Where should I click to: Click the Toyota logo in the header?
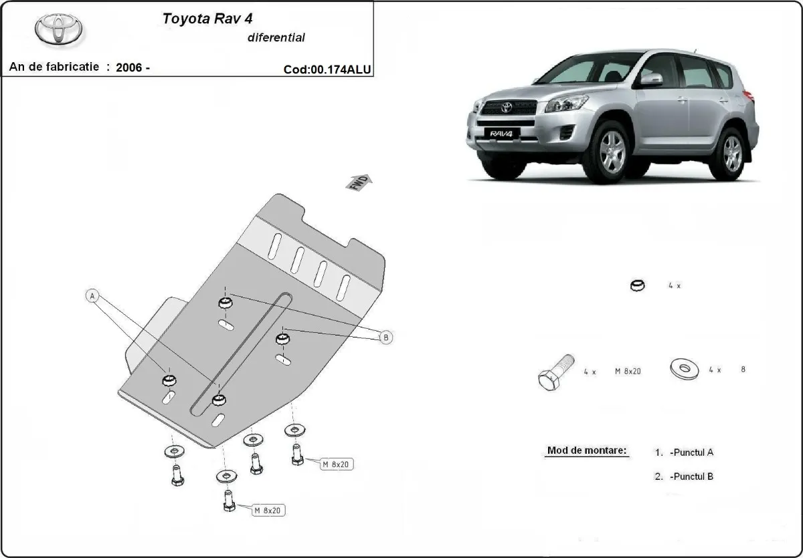[60, 30]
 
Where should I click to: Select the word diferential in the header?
[276, 37]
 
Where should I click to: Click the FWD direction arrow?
[359, 182]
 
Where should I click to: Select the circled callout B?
[385, 337]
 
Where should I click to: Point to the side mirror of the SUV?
[650, 80]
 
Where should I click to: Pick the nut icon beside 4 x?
[638, 285]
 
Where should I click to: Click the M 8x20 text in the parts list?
[627, 371]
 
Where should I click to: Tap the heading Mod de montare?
[587, 450]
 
